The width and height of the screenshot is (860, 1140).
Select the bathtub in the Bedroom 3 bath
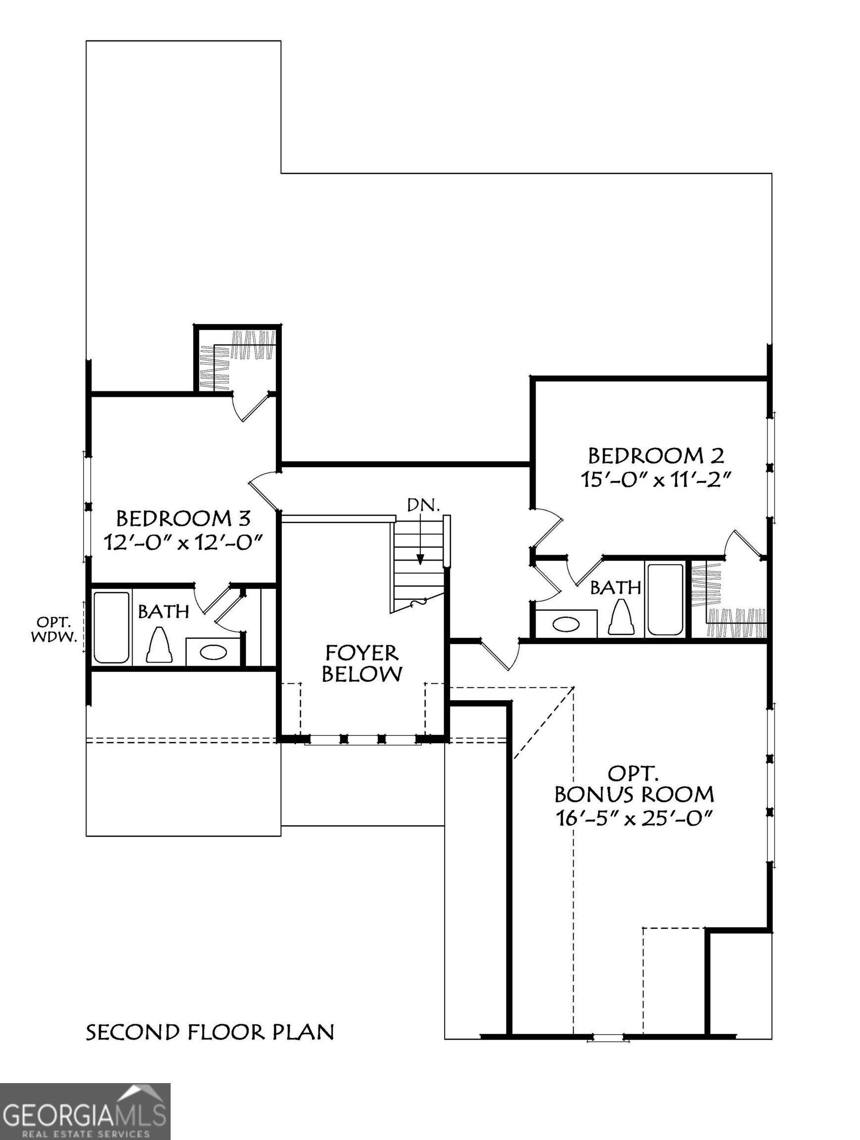click(x=112, y=627)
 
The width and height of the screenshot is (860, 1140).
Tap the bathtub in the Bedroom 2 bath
click(x=665, y=599)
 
